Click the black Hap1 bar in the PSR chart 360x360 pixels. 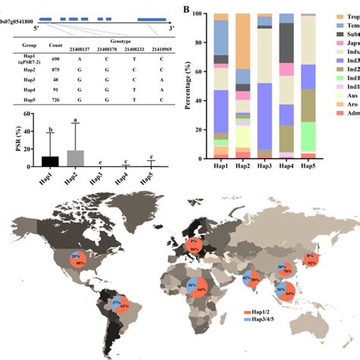point(50,161)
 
